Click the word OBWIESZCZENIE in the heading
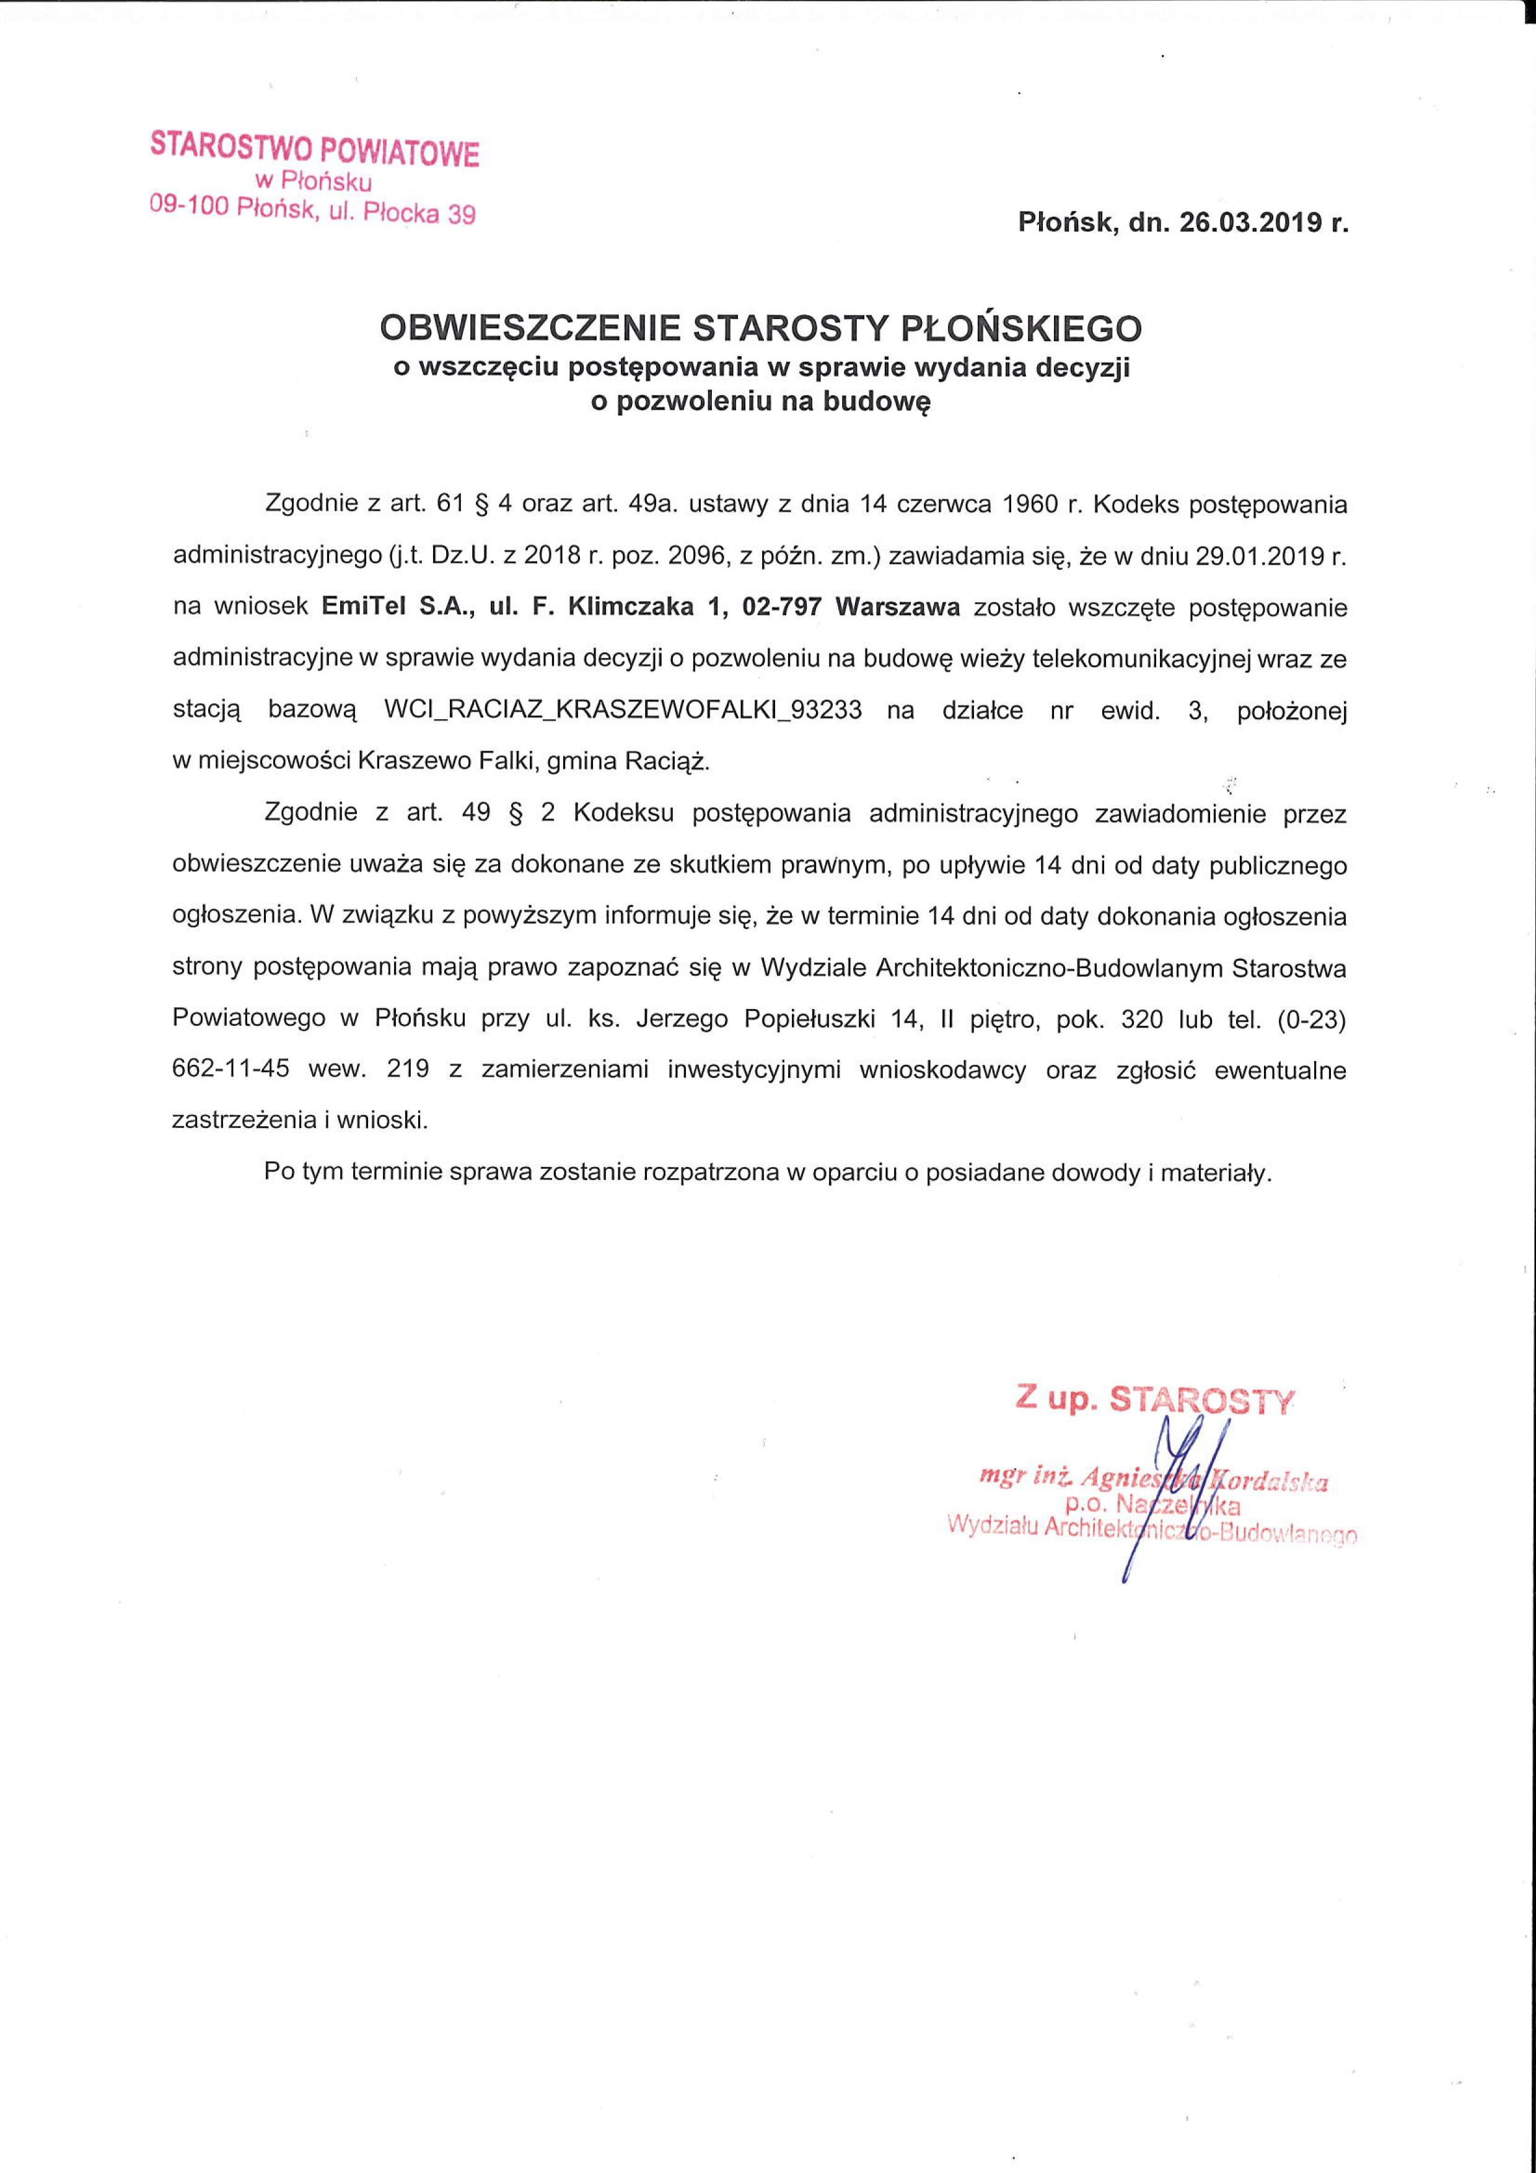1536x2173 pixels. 530,328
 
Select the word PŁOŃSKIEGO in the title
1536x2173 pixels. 1020,328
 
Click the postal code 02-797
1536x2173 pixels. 782,608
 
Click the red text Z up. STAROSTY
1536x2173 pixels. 1152,1400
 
